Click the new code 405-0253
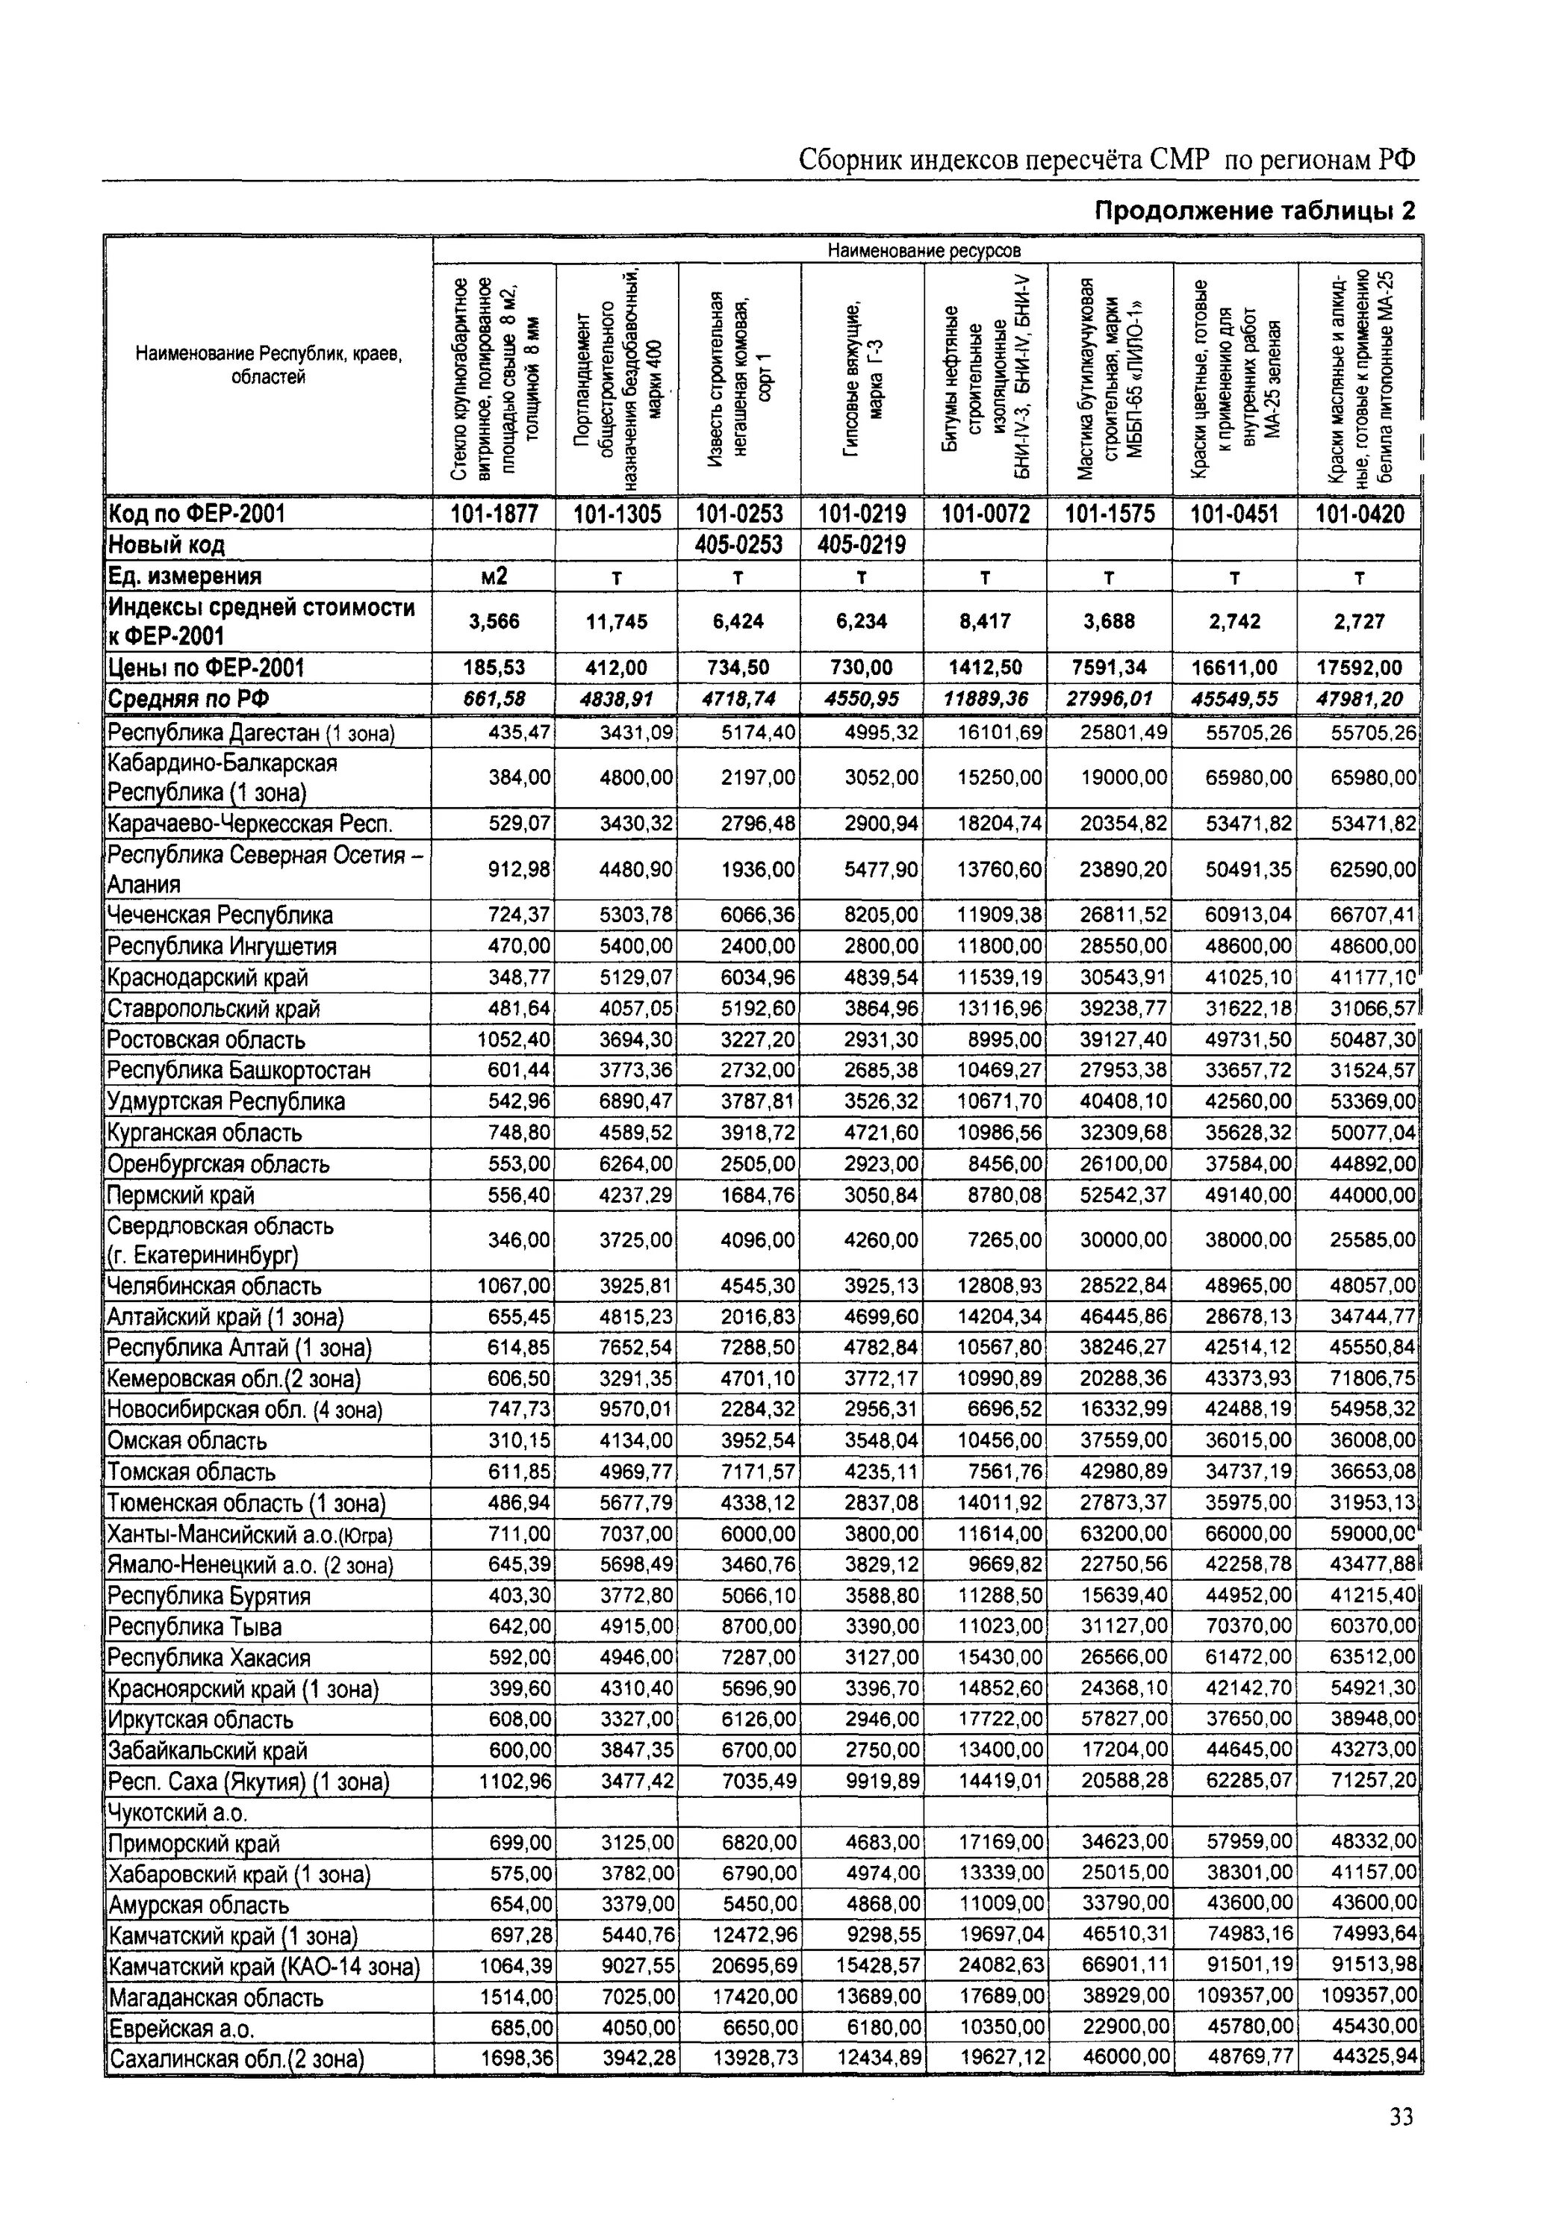click(738, 544)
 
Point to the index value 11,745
click(617, 621)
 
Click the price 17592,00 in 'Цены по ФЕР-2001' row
click(1359, 668)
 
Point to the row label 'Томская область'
click(191, 1471)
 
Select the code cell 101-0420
click(1359, 514)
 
